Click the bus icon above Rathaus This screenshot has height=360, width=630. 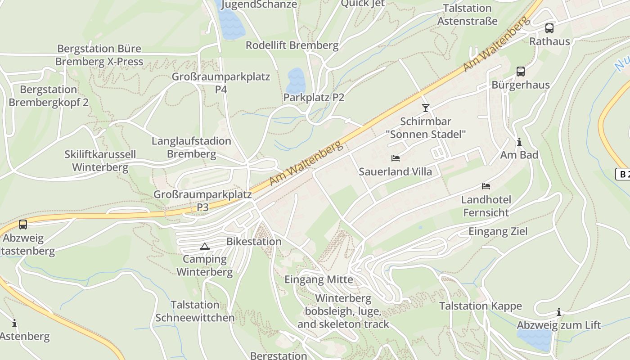[549, 28]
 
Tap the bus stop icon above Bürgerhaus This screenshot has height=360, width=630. [520, 72]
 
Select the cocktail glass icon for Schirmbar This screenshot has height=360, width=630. [425, 108]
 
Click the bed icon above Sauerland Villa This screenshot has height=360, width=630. [395, 158]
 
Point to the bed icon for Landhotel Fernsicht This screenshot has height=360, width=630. [486, 186]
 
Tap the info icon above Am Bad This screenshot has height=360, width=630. [519, 142]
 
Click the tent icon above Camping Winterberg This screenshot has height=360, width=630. [205, 246]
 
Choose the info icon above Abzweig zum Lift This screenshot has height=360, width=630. [558, 312]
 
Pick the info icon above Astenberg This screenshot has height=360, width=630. [14, 323]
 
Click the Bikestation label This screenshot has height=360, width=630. [254, 242]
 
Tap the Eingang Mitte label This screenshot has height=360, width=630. [319, 279]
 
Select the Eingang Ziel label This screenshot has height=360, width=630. [498, 231]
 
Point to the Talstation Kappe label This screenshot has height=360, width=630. [480, 306]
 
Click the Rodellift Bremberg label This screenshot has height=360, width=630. [292, 45]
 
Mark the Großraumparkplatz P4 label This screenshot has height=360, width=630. [220, 83]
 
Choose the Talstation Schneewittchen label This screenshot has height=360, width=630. [195, 311]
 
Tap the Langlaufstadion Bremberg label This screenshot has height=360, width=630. [191, 148]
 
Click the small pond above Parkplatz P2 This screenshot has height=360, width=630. [295, 80]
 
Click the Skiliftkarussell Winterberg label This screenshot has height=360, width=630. [100, 161]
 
